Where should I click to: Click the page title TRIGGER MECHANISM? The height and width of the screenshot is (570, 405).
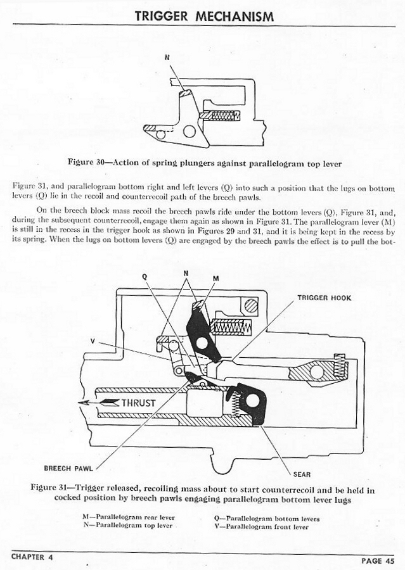[x=204, y=16]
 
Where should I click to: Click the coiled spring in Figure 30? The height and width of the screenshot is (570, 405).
[x=222, y=115]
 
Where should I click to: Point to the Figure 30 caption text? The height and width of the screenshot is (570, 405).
[x=204, y=163]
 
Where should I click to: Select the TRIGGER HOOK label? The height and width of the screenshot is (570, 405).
[x=324, y=298]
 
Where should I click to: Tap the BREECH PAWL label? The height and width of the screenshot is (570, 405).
[x=65, y=469]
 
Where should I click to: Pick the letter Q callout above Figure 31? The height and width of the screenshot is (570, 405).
[x=145, y=275]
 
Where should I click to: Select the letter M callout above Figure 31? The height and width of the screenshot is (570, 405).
[x=215, y=278]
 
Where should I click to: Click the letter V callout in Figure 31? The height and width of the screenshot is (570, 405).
[x=93, y=341]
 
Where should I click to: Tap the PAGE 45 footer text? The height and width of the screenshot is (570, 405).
[x=380, y=560]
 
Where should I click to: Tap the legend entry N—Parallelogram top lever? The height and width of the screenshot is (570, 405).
[x=127, y=526]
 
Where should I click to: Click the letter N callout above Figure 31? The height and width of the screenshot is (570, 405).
[x=186, y=273]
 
